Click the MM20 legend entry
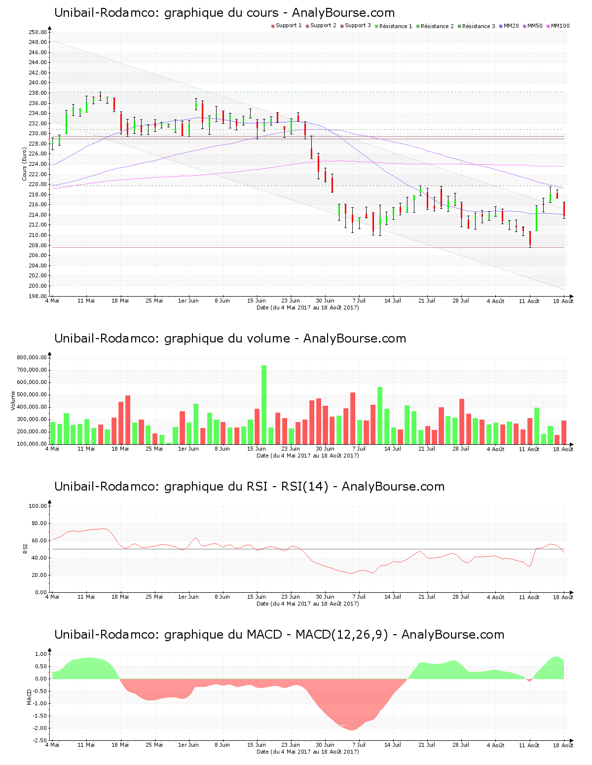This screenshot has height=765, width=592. [510, 26]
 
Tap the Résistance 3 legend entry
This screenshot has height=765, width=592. [477, 26]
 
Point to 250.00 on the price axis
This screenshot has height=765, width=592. [37, 32]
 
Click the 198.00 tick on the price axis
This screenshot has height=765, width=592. [37, 296]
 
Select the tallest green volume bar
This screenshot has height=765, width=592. [264, 405]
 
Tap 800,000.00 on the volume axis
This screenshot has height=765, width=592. [32, 358]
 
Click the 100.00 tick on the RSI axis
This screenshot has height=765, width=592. [37, 506]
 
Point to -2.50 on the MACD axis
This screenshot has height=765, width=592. [39, 740]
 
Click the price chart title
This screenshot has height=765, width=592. [224, 13]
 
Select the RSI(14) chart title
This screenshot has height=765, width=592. [249, 487]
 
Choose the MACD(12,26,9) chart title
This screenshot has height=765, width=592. [279, 635]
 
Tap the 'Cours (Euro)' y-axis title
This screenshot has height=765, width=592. [24, 164]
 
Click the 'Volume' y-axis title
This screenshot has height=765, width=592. [13, 400]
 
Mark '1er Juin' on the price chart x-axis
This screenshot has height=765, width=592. [188, 301]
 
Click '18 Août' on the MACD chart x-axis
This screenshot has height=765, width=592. [563, 745]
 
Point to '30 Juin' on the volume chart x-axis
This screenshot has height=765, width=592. [325, 449]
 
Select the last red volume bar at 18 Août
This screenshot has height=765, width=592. [564, 432]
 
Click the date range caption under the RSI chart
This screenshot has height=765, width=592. [308, 604]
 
